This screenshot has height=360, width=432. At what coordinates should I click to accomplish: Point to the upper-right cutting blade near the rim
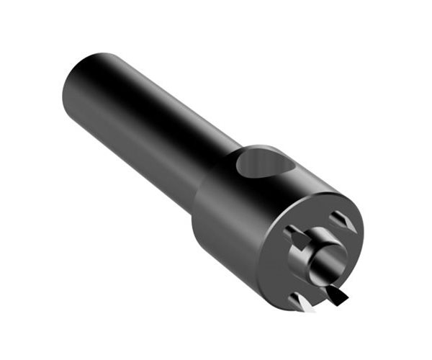click(x=342, y=222)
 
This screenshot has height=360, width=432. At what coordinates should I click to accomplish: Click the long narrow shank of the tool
click(x=144, y=122)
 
